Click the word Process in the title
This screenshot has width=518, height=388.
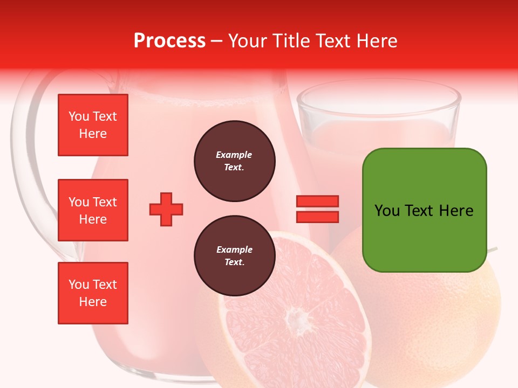tap(169, 40)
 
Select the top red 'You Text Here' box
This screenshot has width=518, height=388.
tap(93, 125)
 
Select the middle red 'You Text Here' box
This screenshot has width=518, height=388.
tap(93, 210)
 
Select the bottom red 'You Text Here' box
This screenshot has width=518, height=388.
tap(93, 293)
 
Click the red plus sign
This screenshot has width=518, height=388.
tap(166, 209)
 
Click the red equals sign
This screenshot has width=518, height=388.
tap(317, 209)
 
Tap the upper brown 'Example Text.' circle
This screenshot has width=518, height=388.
tap(234, 161)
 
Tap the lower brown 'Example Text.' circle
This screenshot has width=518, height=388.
tap(234, 256)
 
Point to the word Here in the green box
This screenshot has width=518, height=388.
tap(456, 210)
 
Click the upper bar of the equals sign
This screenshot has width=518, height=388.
tap(317, 202)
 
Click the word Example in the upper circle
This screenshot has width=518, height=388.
tap(234, 155)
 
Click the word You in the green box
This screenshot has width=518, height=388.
tap(387, 210)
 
